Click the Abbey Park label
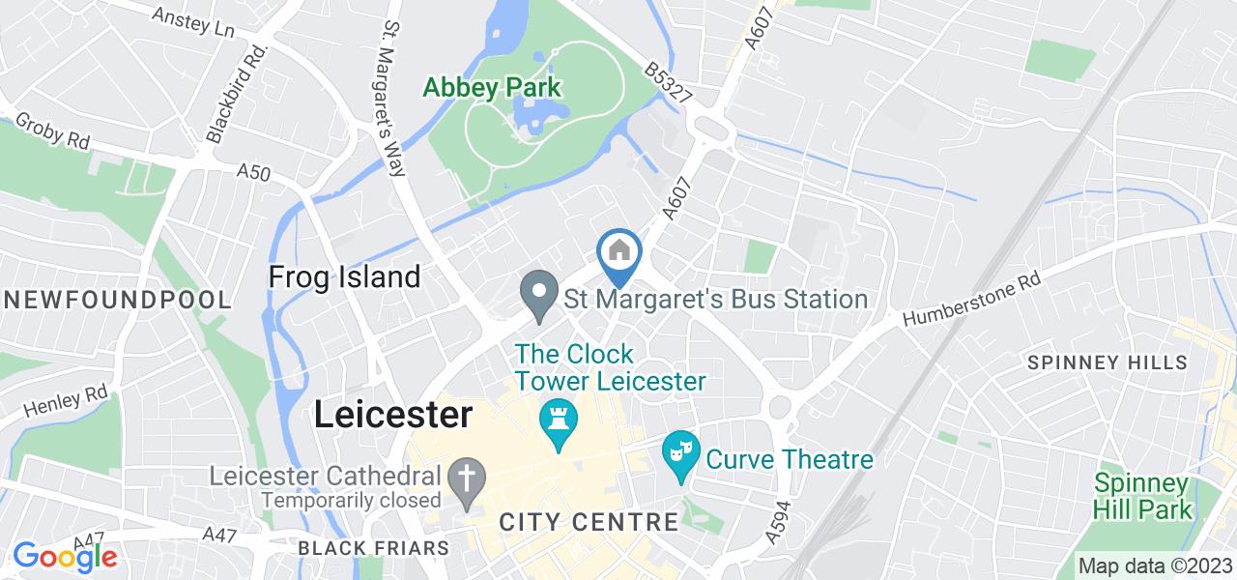[x=491, y=88]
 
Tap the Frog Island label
[x=344, y=277]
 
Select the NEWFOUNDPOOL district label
[x=116, y=300]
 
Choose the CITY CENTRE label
[x=589, y=522]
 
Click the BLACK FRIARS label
[x=373, y=548]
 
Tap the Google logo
[x=65, y=556]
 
